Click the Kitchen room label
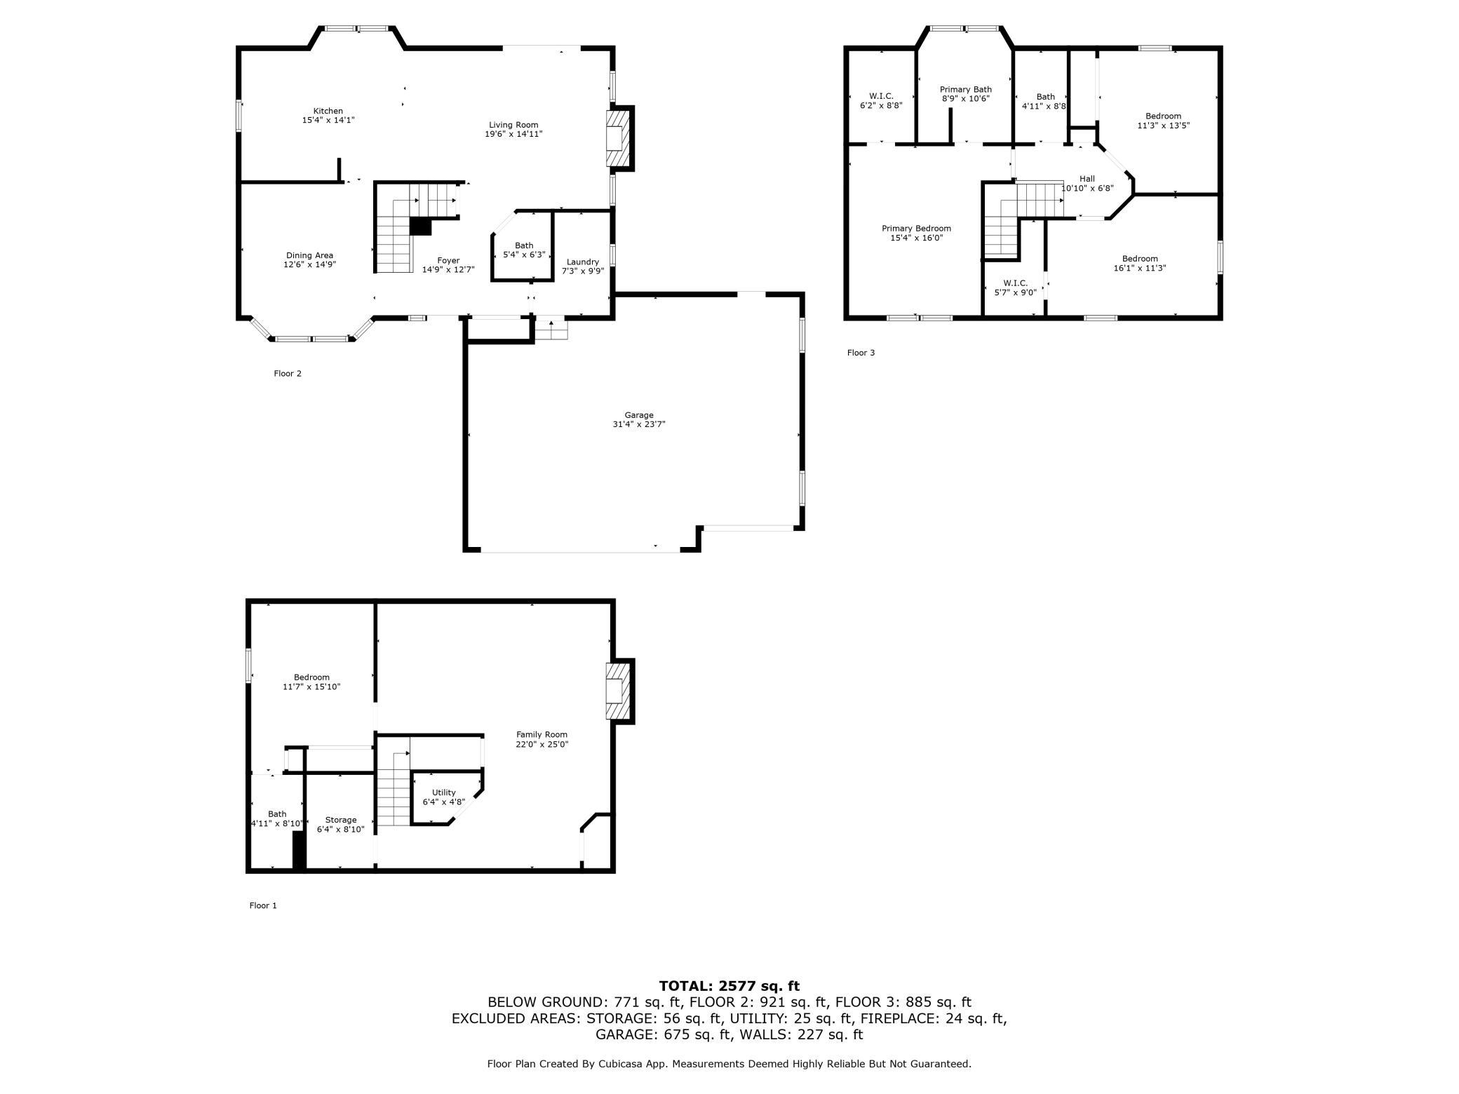(x=328, y=111)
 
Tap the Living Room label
(x=513, y=125)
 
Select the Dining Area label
(x=309, y=255)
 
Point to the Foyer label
(x=448, y=260)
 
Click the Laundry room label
(x=582, y=262)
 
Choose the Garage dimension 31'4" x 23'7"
(x=638, y=424)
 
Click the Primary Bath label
(x=966, y=89)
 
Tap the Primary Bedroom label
(x=916, y=228)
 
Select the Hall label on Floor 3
(x=1087, y=179)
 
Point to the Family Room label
(x=542, y=734)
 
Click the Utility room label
(x=443, y=792)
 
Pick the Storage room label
(x=341, y=820)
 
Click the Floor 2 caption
(x=288, y=373)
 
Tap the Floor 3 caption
(x=861, y=353)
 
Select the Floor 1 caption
(x=263, y=905)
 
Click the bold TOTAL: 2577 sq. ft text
(x=729, y=986)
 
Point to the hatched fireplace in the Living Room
(x=619, y=138)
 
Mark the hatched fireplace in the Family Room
(x=619, y=691)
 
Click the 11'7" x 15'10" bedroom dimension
(x=311, y=687)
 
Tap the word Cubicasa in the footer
(x=622, y=1064)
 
